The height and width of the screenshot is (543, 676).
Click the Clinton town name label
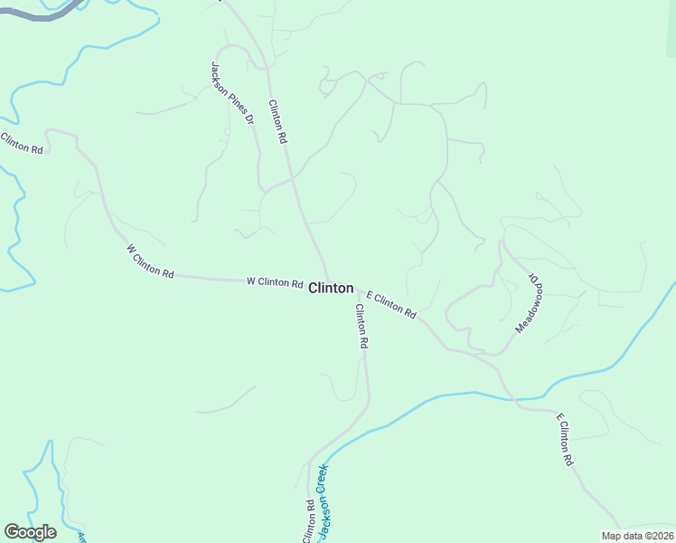pyautogui.click(x=331, y=288)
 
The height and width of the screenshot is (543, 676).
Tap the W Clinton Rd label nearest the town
pyautogui.click(x=275, y=282)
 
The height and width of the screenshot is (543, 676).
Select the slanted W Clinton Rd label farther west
pyautogui.click(x=150, y=261)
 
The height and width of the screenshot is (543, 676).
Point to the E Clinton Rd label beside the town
pyautogui.click(x=391, y=304)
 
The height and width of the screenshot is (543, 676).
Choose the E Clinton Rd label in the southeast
pyautogui.click(x=565, y=440)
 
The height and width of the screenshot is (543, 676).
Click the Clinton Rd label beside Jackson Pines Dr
pyautogui.click(x=277, y=121)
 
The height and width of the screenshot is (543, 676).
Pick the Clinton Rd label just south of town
pyautogui.click(x=361, y=327)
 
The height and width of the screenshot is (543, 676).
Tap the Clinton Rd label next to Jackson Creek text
pyautogui.click(x=309, y=521)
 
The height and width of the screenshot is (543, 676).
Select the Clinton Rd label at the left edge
pyautogui.click(x=22, y=143)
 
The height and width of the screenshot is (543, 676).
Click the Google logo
pyautogui.click(x=30, y=532)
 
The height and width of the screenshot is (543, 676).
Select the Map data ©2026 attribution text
pyautogui.click(x=637, y=536)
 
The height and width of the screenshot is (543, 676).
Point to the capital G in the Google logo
pyautogui.click(x=13, y=532)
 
